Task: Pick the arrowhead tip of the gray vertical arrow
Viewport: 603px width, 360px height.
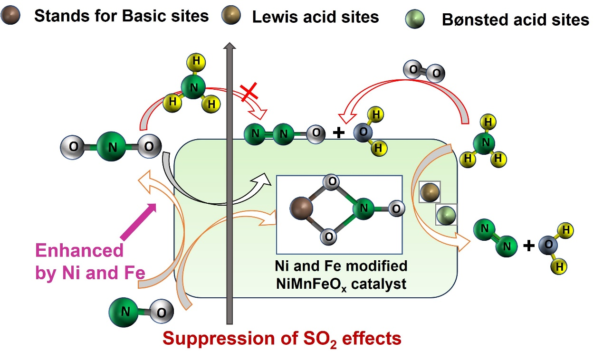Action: click(230, 46)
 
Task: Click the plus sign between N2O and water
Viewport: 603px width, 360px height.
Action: click(338, 133)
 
